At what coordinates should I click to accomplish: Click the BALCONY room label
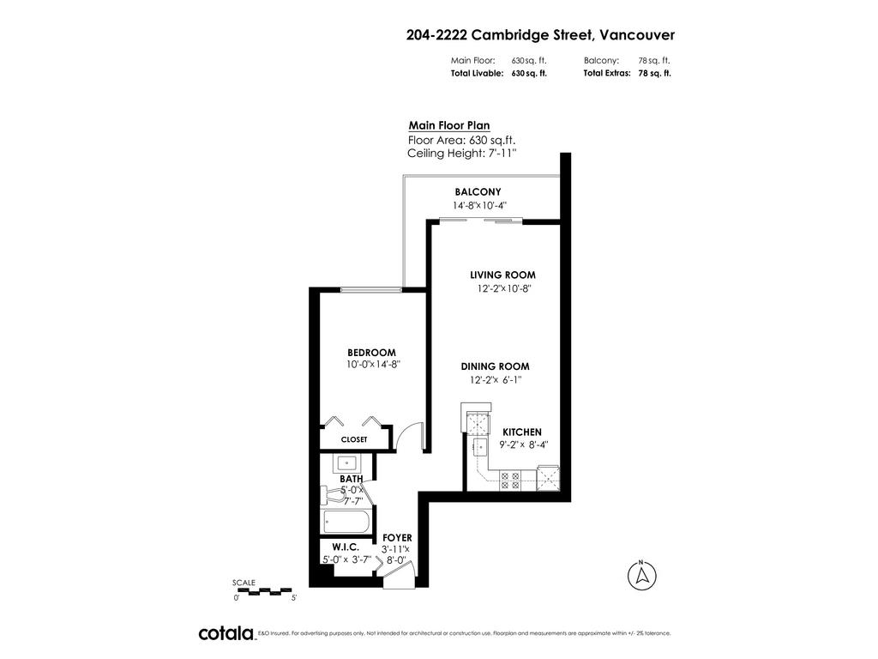tap(478, 191)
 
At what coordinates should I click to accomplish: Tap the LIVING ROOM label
tap(502, 275)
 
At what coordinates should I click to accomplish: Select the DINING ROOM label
tap(495, 366)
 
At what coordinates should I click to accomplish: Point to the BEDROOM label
tap(371, 353)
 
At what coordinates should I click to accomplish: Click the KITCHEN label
tap(522, 432)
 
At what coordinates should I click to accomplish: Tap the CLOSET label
tap(354, 439)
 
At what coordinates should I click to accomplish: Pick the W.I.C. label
tap(346, 547)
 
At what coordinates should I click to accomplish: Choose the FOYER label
tap(397, 538)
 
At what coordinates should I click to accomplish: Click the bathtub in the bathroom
tap(346, 521)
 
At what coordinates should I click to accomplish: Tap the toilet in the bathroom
tap(334, 496)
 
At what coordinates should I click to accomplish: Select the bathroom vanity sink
tap(347, 464)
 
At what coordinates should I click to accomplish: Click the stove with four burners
tap(509, 481)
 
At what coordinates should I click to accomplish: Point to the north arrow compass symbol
tap(641, 576)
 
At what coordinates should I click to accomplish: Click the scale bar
tap(263, 591)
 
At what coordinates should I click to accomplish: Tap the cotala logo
tap(226, 633)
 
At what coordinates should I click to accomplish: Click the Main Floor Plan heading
tap(449, 125)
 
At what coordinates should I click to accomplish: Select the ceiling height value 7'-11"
tap(502, 153)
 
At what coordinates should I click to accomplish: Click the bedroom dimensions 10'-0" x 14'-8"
tap(374, 364)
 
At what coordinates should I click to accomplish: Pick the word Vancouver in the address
tap(637, 34)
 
